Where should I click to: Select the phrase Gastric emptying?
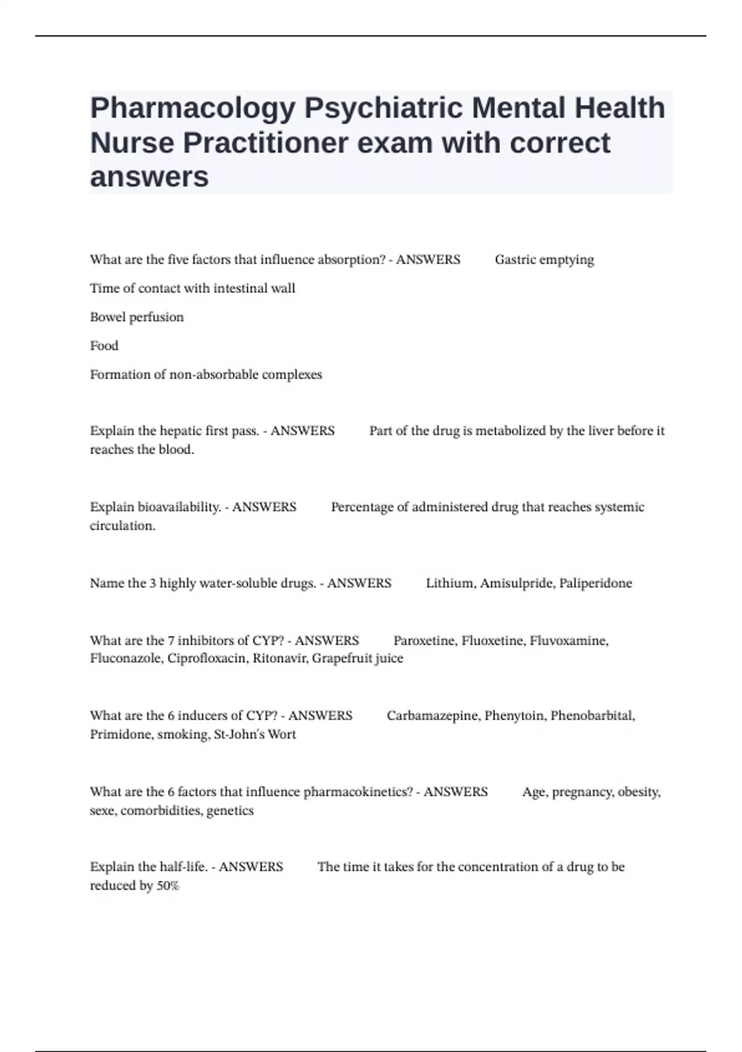tap(544, 260)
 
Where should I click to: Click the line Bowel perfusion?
tap(137, 317)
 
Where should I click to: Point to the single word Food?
tap(104, 346)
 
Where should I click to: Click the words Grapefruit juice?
tap(357, 658)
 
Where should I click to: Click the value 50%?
tap(168, 886)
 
